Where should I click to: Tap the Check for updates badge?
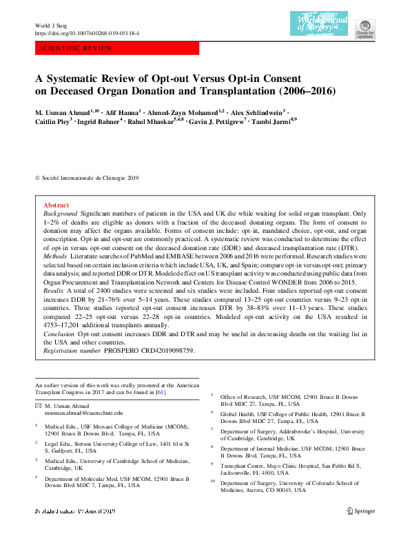pos(365,27)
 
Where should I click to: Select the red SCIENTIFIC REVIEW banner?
pos(116,48)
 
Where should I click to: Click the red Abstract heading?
pos(56,205)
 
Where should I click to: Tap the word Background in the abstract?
pos(61,214)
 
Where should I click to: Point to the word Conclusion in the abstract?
pos(59,333)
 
